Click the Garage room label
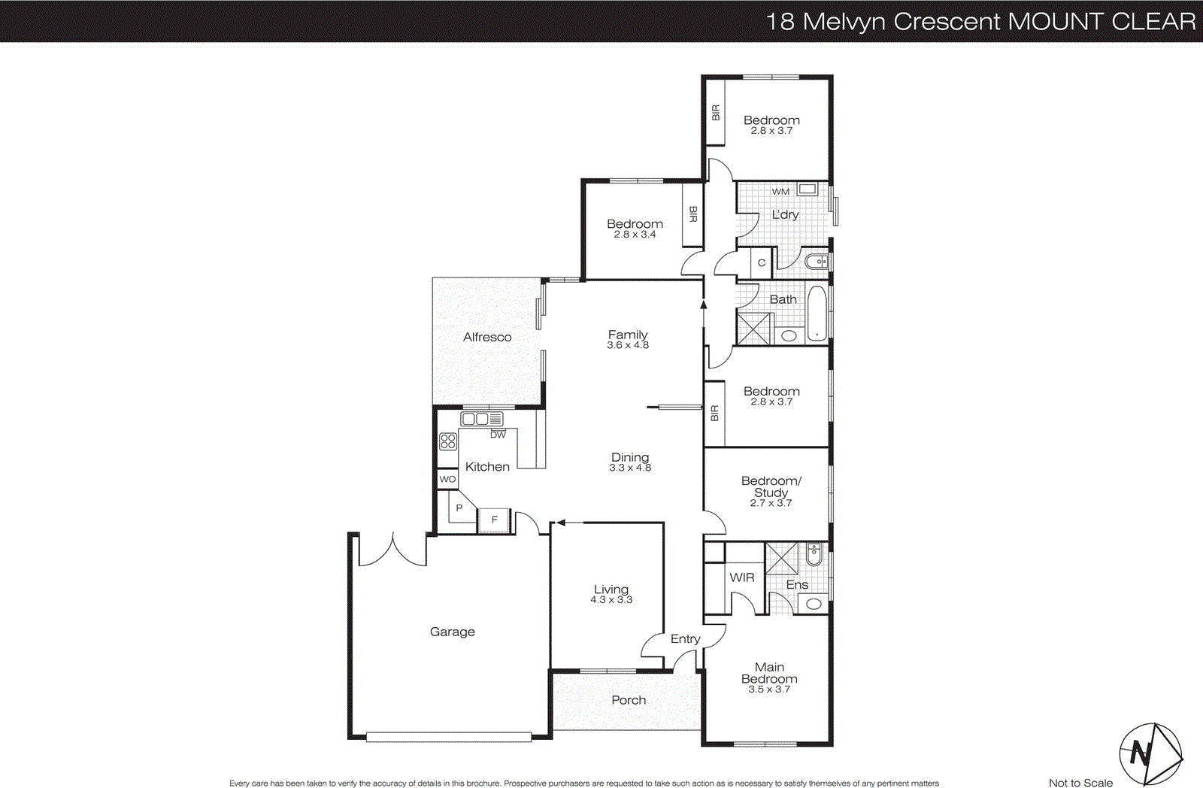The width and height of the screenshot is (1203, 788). tap(452, 632)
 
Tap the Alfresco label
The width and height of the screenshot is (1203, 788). tap(487, 337)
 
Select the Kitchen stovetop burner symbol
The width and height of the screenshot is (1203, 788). tap(448, 441)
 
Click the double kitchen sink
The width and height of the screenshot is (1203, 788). tap(482, 419)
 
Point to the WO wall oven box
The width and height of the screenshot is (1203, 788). tap(447, 479)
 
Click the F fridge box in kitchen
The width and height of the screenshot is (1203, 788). tap(495, 520)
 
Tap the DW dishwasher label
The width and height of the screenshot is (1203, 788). tap(498, 435)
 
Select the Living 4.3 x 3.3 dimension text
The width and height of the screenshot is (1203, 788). tap(611, 600)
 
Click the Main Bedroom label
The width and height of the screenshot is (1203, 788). tap(769, 672)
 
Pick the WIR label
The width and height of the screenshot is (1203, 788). tap(741, 577)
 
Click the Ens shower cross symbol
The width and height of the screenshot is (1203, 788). tap(781, 558)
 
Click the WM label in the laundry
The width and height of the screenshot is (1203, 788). tap(780, 192)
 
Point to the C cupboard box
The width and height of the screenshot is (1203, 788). tap(762, 262)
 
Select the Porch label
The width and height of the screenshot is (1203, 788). tap(629, 700)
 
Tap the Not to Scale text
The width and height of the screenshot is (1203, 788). tap(1080, 783)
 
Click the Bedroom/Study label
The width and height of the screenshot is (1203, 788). tap(771, 486)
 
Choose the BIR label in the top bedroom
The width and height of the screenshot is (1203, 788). tap(715, 113)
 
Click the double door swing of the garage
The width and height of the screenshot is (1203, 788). tap(392, 551)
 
